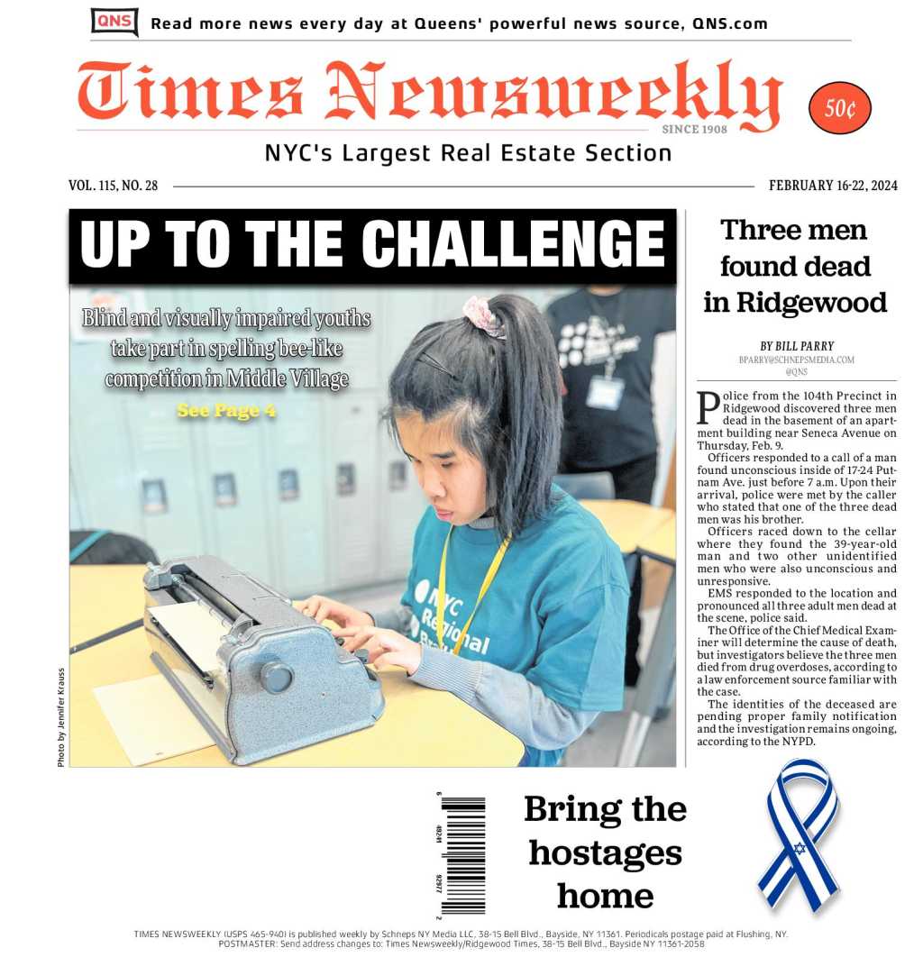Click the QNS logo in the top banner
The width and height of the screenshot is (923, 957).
[x=114, y=22]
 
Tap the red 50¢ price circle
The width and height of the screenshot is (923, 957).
[x=840, y=108]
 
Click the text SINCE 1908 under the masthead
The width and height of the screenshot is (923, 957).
[x=694, y=130]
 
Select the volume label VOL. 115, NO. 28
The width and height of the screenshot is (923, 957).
[x=113, y=186]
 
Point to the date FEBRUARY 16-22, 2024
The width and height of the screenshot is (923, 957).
[x=833, y=186]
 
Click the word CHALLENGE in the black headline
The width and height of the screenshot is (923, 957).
[x=516, y=244]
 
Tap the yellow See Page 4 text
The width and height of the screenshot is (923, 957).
[x=226, y=411]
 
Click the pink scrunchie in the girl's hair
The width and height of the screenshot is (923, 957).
[x=481, y=315]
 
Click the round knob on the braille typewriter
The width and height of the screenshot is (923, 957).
[x=276, y=677]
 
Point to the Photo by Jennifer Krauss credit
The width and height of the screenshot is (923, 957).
[x=61, y=717]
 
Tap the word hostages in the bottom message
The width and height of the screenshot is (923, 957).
[x=605, y=852]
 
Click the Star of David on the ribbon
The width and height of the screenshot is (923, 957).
[x=799, y=848]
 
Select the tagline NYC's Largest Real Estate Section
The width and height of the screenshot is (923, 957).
[x=468, y=154]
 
